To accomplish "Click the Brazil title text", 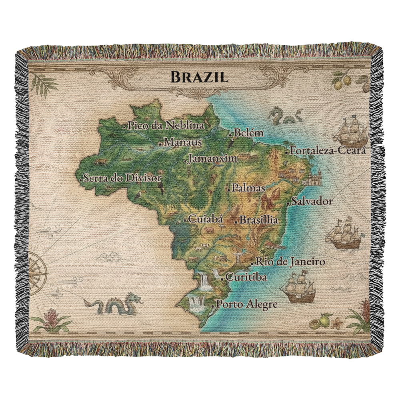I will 199,76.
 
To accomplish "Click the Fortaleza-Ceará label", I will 328,151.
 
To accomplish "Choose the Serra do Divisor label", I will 122,178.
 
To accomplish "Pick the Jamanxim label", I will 212,158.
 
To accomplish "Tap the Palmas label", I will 248,188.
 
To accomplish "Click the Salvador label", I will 312,201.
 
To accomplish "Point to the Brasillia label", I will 258,220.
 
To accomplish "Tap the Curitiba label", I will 246,277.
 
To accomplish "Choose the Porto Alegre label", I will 246,304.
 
